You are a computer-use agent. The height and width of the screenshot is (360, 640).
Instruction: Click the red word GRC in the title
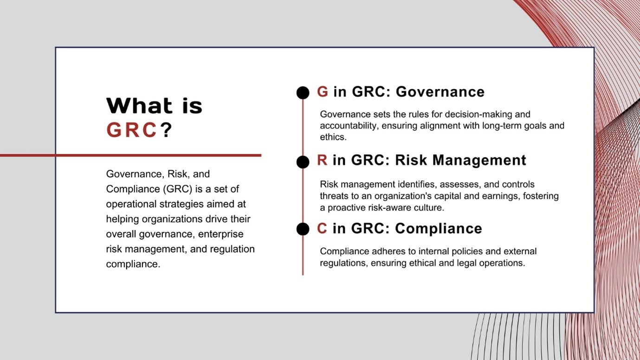point(131,130)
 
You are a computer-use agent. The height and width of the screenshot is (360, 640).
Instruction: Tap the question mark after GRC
point(166,130)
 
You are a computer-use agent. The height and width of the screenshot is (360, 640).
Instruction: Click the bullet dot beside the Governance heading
point(303,93)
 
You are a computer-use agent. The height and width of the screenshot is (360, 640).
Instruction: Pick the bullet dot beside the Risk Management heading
point(303,161)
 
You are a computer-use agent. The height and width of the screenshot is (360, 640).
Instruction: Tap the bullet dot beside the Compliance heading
point(303,229)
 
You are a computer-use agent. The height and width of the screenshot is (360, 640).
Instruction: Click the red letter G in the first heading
point(323,92)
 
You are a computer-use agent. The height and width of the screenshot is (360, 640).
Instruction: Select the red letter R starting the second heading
point(322,161)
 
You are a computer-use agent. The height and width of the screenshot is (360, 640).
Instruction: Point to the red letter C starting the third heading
point(322,229)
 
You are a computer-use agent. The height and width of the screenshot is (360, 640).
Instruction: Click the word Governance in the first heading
point(440,92)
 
